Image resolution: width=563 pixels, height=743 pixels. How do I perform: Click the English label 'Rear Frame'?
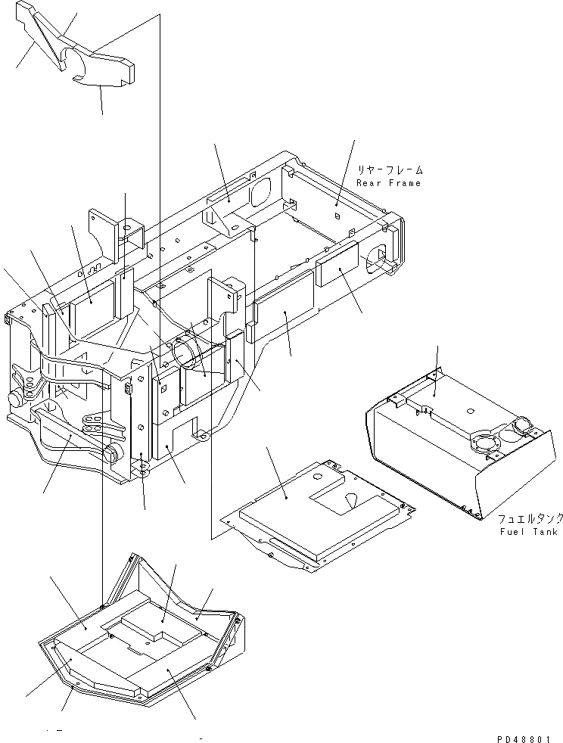pos(389,183)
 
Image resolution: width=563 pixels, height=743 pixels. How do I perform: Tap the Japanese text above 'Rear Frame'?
pos(391,170)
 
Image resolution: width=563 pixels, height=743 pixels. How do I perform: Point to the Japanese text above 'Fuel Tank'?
pos(530,519)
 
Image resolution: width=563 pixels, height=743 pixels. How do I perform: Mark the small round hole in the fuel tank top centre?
pos(470,412)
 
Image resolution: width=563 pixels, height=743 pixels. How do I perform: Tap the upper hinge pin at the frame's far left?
pos(14,399)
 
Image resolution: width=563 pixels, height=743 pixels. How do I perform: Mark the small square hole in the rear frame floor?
pos(334,216)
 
